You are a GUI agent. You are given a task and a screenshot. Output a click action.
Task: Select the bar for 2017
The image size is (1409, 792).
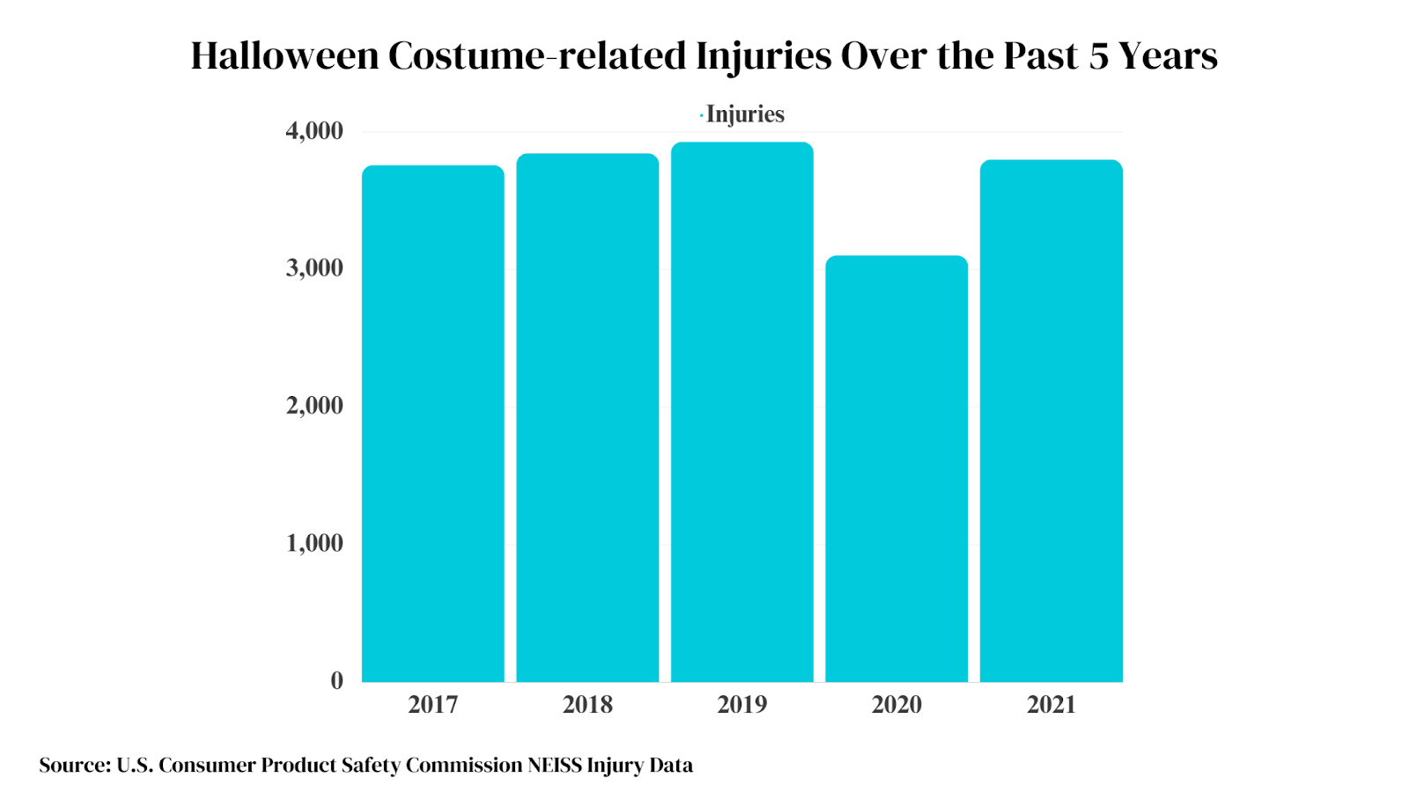coord(432,423)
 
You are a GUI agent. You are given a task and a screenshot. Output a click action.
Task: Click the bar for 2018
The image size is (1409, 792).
coord(587,418)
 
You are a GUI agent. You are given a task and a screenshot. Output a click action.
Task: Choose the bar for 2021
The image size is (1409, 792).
coord(1051,421)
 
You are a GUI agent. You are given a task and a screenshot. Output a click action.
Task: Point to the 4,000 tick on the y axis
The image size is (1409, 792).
coord(314,131)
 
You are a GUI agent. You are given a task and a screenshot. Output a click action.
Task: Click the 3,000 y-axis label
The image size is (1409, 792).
coord(314,268)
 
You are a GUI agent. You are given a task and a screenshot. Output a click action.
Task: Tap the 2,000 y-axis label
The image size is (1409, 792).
coord(314,406)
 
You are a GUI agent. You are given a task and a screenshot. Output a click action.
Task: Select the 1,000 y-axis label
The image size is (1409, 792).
coord(314,543)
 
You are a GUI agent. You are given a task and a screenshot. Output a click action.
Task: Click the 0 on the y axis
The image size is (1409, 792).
coord(337,680)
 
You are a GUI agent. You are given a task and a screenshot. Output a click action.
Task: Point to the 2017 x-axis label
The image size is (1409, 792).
coord(432,704)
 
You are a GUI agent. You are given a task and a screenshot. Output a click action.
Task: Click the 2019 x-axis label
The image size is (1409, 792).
coord(741,704)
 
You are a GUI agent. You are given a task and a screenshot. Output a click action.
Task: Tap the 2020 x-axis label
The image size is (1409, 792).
coord(896,704)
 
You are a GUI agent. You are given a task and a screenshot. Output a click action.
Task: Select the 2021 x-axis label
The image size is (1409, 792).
coord(1051,704)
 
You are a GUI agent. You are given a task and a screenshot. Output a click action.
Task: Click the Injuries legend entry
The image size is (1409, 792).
coord(744,114)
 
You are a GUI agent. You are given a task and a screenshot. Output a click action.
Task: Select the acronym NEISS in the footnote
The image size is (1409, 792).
coord(555,765)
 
